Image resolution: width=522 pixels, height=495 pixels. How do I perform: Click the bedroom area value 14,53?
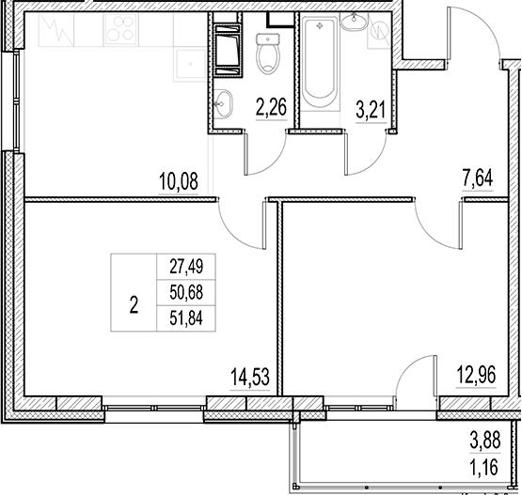click(250, 380)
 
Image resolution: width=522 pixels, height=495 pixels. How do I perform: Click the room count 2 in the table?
click(134, 303)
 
